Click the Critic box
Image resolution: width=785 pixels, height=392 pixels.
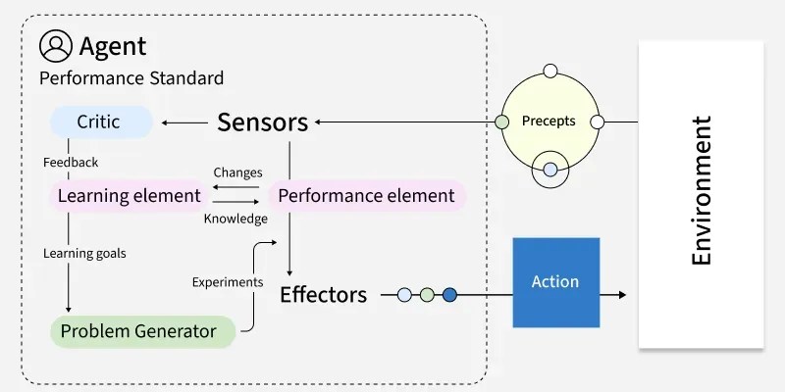pyautogui.click(x=102, y=122)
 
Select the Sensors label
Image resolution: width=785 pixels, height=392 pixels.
pyautogui.click(x=262, y=122)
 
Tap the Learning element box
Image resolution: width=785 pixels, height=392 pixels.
pyautogui.click(x=129, y=195)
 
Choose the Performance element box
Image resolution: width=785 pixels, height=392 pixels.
pyautogui.click(x=366, y=195)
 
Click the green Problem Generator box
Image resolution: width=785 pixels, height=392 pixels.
pyautogui.click(x=138, y=331)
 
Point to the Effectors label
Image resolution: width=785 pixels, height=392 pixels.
pyautogui.click(x=323, y=294)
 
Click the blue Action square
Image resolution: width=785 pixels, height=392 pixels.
pyautogui.click(x=554, y=282)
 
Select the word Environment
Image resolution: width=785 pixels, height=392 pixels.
pyautogui.click(x=702, y=191)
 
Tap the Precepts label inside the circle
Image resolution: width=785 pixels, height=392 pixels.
pyautogui.click(x=549, y=122)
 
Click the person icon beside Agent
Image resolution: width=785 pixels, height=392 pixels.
pyautogui.click(x=56, y=45)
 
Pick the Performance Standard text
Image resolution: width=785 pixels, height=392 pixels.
pyautogui.click(x=131, y=77)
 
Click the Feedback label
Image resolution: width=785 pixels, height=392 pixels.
pyautogui.click(x=71, y=162)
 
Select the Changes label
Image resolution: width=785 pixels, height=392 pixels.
pyautogui.click(x=237, y=172)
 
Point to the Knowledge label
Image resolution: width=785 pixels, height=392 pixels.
pyautogui.click(x=235, y=219)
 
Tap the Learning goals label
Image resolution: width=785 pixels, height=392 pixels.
pyautogui.click(x=84, y=253)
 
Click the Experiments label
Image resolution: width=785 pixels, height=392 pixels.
pyautogui.click(x=228, y=281)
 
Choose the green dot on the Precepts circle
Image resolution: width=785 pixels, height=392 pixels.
pyautogui.click(x=501, y=122)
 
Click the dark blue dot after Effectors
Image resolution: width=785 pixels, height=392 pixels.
pyautogui.click(x=449, y=294)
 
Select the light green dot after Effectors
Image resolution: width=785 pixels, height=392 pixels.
pyautogui.click(x=427, y=294)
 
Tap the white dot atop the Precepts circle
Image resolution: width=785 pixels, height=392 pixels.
pyautogui.click(x=549, y=71)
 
